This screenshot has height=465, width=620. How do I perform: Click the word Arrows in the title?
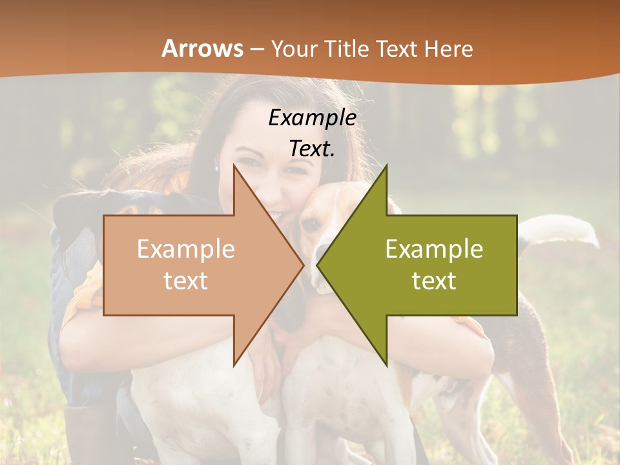[x=203, y=48]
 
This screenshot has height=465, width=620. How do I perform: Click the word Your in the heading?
[x=293, y=48]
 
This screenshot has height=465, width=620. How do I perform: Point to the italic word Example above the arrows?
[x=313, y=118]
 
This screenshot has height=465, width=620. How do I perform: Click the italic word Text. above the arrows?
[x=313, y=149]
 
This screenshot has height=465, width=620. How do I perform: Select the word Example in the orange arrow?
[x=186, y=249]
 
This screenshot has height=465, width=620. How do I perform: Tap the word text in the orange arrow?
[x=186, y=280]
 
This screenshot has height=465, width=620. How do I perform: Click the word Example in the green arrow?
[x=434, y=249]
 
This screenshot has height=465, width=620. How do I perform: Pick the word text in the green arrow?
[x=434, y=280]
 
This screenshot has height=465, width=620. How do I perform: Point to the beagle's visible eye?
[x=312, y=224]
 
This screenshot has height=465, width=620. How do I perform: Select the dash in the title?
[x=256, y=49]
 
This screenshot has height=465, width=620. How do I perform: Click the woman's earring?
[x=217, y=168]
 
